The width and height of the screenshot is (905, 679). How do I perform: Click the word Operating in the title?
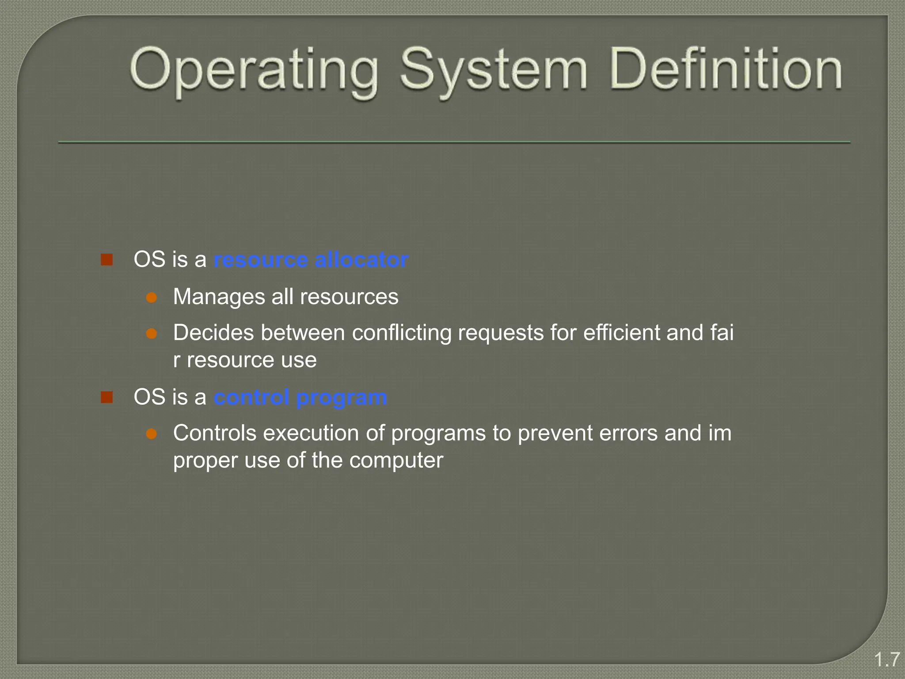tap(254, 71)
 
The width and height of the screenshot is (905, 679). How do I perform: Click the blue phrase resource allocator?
tap(311, 259)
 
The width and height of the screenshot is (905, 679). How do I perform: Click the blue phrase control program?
tap(300, 397)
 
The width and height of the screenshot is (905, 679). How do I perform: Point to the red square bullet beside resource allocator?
tap(106, 259)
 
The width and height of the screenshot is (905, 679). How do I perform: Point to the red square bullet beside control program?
tap(106, 397)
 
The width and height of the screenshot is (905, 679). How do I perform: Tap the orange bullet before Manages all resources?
tap(152, 297)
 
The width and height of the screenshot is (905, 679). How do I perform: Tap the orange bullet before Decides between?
tap(152, 333)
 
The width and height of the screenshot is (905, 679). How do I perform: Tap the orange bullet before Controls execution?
tap(152, 434)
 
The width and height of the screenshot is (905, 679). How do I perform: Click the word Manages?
tap(219, 297)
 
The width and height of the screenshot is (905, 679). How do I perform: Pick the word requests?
tap(501, 333)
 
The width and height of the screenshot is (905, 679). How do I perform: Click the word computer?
tap(396, 461)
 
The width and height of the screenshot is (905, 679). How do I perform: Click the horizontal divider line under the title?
tap(454, 142)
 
